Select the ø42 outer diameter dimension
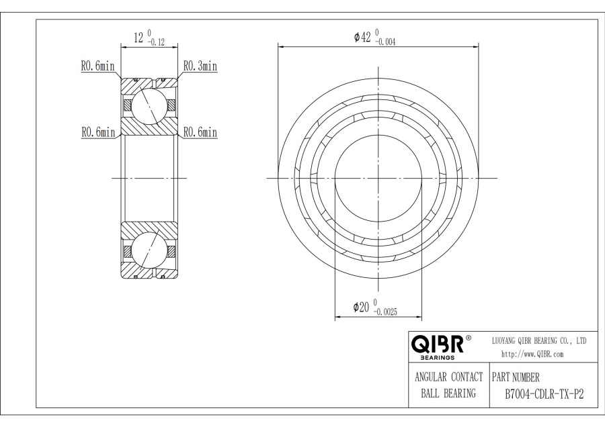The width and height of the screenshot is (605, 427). click(363, 38)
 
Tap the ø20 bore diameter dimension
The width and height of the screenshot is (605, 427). click(362, 307)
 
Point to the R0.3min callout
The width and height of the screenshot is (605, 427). click(200, 66)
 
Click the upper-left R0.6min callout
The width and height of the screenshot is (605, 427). click(98, 66)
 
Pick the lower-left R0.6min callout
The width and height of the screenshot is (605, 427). click(98, 132)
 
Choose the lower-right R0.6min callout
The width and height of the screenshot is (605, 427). click(200, 132)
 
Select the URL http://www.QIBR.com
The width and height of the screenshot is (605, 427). click(532, 354)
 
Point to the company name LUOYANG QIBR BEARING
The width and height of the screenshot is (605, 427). click(540, 341)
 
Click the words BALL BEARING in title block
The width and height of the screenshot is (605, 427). click(448, 394)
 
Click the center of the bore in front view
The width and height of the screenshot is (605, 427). click(378, 178)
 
